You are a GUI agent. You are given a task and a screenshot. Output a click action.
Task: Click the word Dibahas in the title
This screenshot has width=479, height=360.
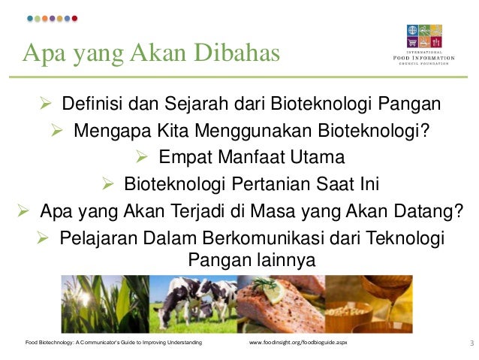click(x=237, y=53)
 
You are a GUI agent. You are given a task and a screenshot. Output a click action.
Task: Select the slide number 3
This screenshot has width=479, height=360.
click(x=471, y=343)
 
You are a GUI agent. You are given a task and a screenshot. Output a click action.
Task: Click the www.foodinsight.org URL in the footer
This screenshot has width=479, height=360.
click(x=297, y=343)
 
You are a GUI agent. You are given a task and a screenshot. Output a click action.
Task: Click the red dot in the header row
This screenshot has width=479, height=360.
click(x=74, y=18)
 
